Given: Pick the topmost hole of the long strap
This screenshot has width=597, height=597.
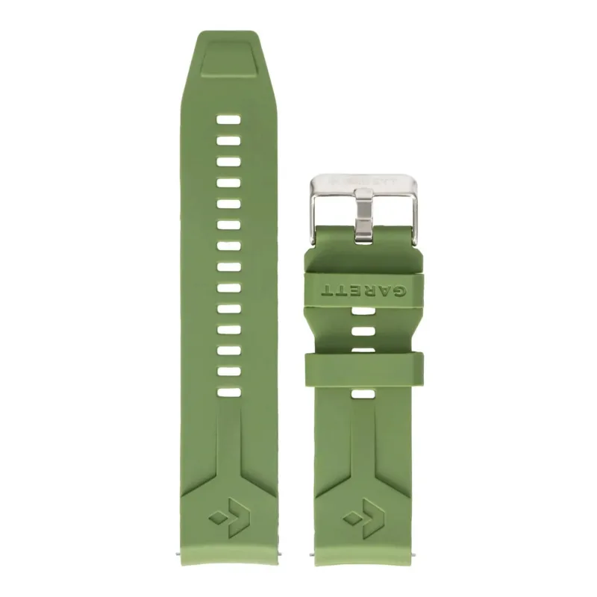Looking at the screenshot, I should (228, 119).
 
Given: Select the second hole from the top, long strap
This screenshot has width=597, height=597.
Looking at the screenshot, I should (228, 140).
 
